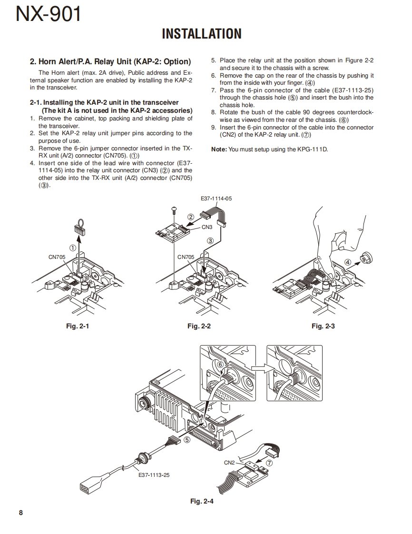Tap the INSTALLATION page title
[202, 34]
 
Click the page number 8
[20, 513]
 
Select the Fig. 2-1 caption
[77, 326]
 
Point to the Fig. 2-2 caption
[199, 326]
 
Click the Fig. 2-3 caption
[323, 326]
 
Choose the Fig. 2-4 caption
[202, 501]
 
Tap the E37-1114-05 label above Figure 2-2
[216, 199]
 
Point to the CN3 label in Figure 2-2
[207, 227]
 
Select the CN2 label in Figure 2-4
[229, 463]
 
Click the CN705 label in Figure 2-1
[57, 257]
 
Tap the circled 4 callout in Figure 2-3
[348, 262]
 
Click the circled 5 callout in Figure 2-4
[187, 440]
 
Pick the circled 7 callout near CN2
[270, 463]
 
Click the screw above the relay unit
[174, 209]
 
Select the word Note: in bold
[219, 149]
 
